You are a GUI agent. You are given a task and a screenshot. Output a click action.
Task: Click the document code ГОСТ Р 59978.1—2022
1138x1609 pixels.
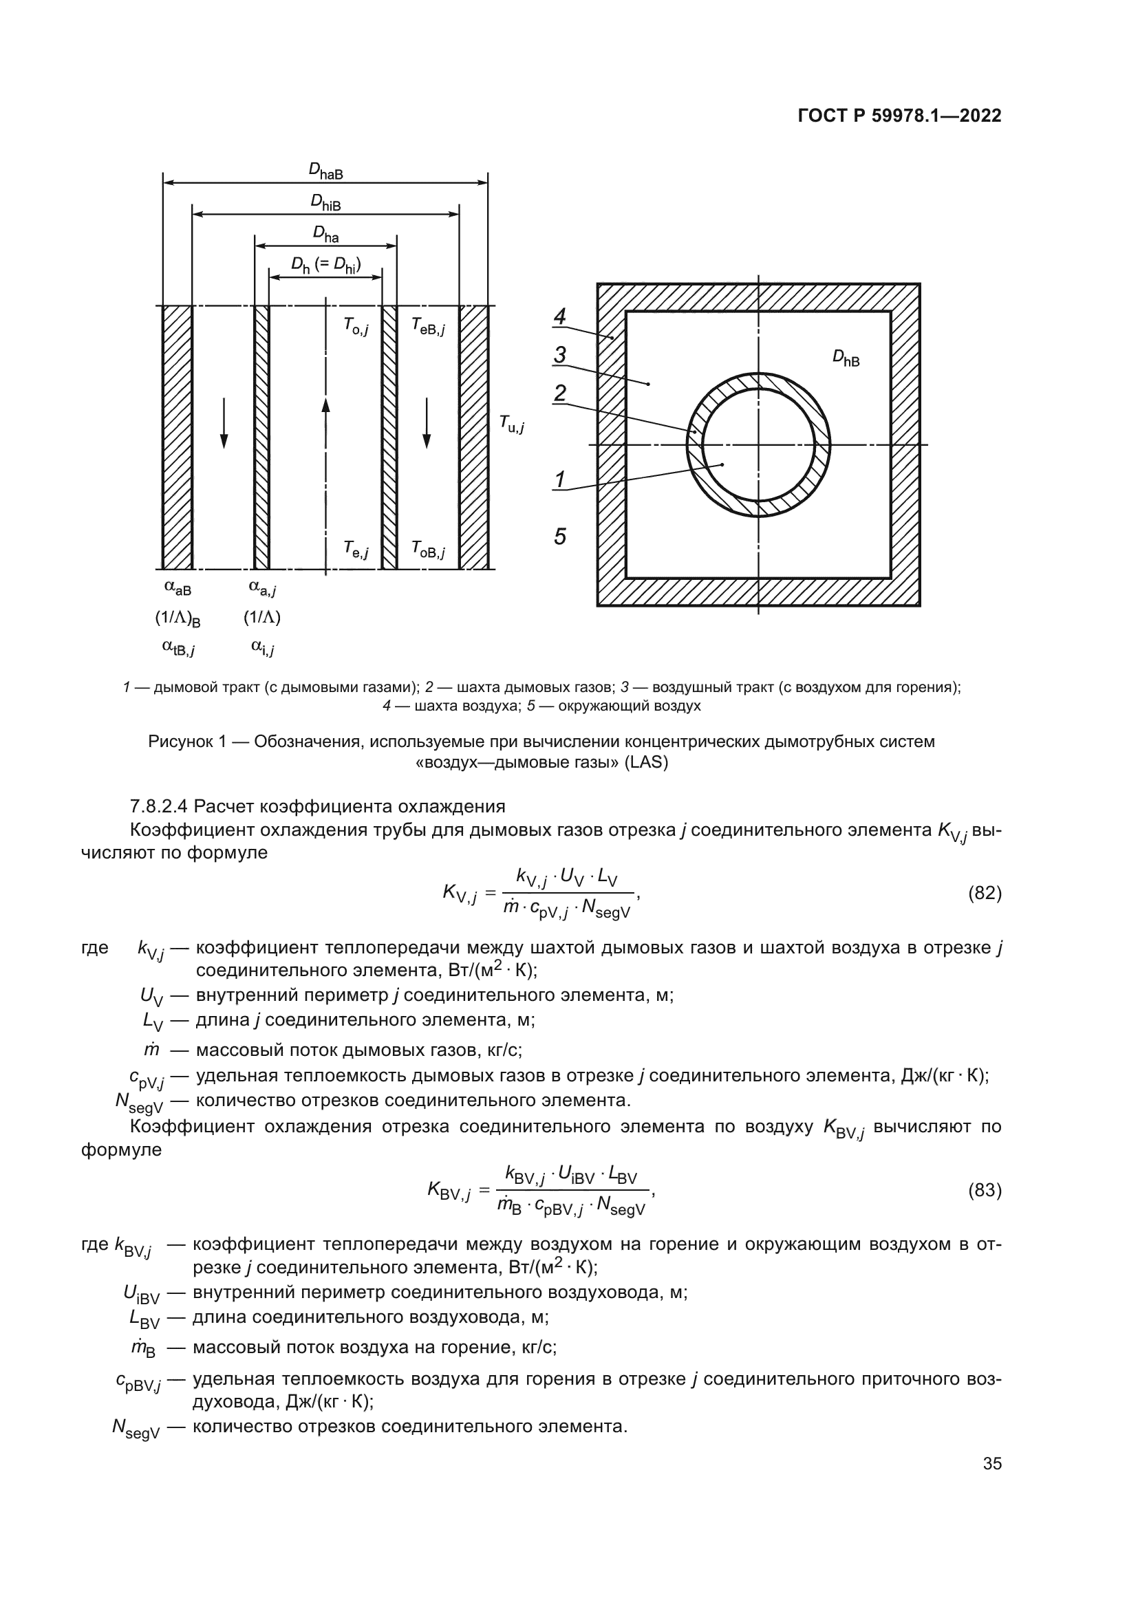(x=899, y=116)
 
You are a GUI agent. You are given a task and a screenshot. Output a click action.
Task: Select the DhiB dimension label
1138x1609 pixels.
(x=326, y=202)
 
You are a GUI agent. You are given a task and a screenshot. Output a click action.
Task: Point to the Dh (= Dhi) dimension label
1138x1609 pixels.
(x=326, y=266)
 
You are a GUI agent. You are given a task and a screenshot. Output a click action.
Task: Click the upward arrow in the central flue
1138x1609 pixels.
(x=325, y=413)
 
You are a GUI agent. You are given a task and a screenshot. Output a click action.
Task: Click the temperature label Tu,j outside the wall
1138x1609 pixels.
(x=511, y=423)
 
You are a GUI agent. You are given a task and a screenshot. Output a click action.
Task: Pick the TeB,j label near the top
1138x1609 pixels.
(x=427, y=326)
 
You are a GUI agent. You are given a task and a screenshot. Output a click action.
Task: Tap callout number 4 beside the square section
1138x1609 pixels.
(x=559, y=316)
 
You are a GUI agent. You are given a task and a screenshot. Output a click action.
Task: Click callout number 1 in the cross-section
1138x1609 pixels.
(x=559, y=480)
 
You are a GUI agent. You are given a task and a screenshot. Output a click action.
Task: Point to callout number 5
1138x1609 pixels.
(x=559, y=537)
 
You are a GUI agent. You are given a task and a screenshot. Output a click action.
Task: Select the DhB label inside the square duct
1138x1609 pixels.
(x=845, y=358)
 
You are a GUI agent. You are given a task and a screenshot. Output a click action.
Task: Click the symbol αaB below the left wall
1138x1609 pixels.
(x=178, y=587)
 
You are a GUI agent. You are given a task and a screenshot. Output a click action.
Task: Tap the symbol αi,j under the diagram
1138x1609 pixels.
(x=262, y=648)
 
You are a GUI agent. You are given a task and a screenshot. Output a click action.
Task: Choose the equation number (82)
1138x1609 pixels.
(x=984, y=893)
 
